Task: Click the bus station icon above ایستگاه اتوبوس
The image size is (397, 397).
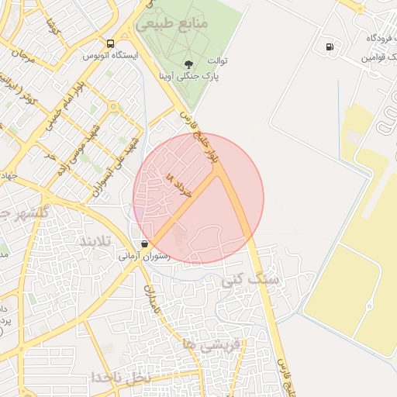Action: click(111, 44)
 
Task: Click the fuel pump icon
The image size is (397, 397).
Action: click(331, 47)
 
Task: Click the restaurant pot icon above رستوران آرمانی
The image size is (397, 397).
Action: click(145, 243)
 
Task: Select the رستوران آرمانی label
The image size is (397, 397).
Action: click(144, 254)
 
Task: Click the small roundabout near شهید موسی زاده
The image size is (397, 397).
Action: click(113, 107)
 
